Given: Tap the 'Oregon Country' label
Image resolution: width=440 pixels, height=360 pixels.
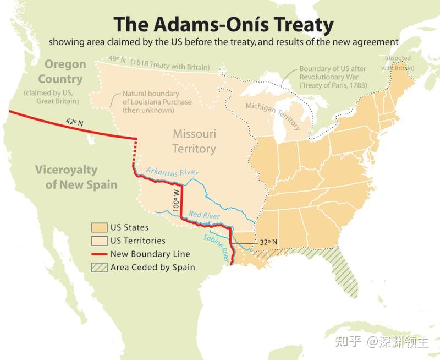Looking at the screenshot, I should (x=65, y=72).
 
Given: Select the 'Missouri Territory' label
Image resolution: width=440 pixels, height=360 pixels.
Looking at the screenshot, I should (x=194, y=141).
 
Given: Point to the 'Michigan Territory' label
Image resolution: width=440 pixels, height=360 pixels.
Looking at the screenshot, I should (x=273, y=116).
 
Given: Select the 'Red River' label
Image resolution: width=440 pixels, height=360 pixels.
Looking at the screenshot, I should (x=204, y=215).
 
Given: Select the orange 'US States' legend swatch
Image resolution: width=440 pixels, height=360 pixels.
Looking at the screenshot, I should (x=99, y=227).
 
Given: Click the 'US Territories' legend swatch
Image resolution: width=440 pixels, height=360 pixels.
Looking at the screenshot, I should (x=99, y=241).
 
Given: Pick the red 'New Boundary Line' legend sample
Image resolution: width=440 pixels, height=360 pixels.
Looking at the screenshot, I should (x=99, y=254).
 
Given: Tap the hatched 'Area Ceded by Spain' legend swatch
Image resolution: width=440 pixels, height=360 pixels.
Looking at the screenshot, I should (x=99, y=268).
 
